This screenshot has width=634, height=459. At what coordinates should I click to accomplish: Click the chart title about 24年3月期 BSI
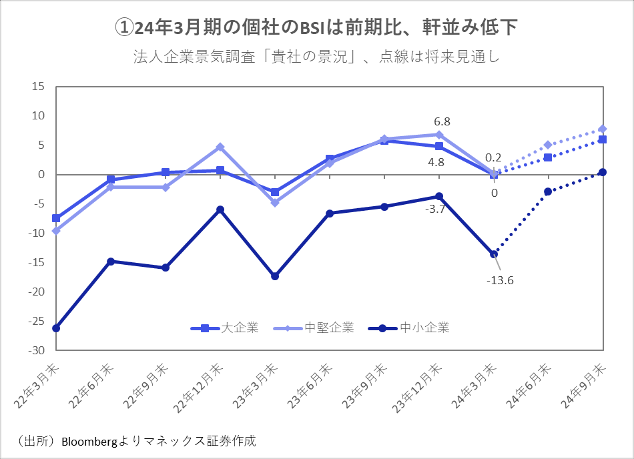(317, 28)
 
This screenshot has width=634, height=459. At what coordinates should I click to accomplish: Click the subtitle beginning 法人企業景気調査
(317, 57)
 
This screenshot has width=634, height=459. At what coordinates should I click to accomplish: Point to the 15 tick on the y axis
(38, 87)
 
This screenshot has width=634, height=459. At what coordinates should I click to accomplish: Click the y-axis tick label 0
(41, 175)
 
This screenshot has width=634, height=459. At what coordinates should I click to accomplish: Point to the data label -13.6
(500, 280)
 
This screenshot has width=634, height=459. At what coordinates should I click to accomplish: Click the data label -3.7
(435, 209)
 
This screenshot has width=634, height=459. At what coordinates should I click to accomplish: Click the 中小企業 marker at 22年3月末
(56, 328)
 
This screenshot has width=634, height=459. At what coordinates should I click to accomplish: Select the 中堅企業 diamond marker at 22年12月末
(220, 147)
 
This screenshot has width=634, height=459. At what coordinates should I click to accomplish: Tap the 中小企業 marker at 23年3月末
(275, 276)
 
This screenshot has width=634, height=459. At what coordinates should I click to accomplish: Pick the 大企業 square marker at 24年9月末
(603, 139)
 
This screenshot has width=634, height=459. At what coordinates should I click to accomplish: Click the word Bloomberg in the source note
(89, 442)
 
